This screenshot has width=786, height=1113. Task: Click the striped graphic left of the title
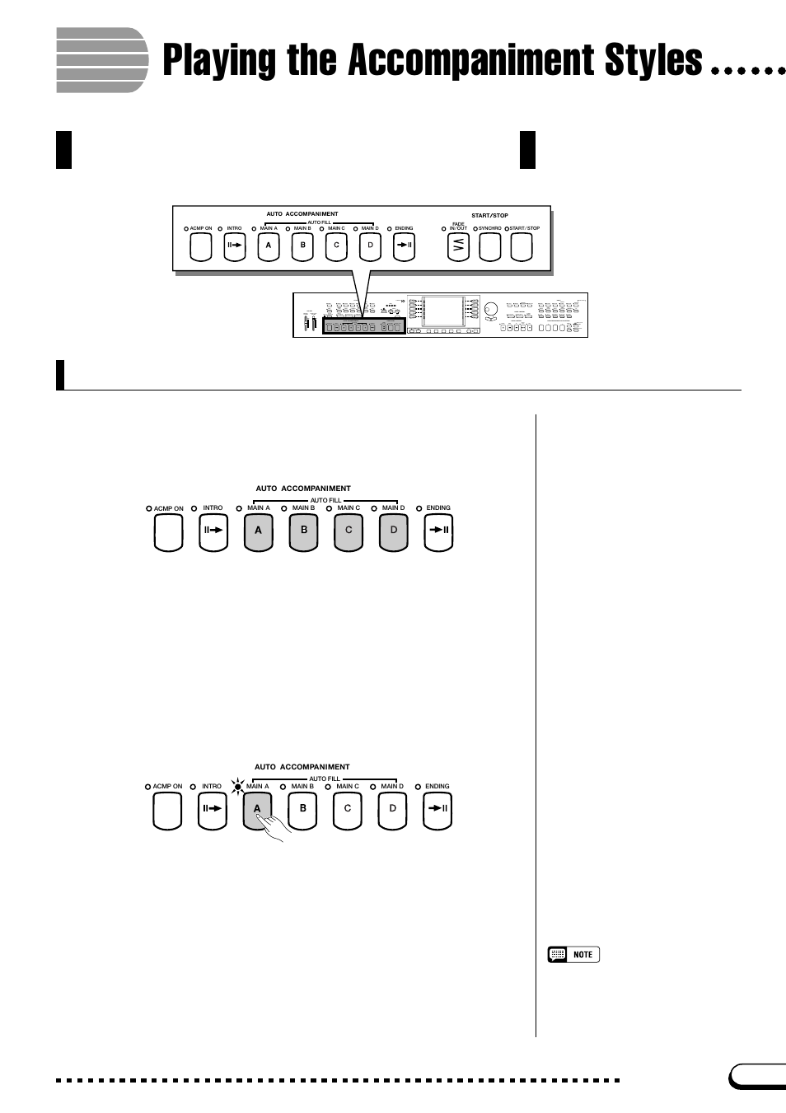(101, 60)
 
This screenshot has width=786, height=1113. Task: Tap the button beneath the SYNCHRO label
(490, 246)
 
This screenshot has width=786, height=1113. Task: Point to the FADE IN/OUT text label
(458, 226)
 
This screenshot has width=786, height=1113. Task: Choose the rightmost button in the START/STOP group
(522, 246)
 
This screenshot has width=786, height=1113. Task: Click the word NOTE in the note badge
(582, 955)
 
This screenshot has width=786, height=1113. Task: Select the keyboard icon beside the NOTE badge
(558, 955)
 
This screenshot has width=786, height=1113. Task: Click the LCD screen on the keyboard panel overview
(443, 311)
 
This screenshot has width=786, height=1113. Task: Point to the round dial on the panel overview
(491, 311)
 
